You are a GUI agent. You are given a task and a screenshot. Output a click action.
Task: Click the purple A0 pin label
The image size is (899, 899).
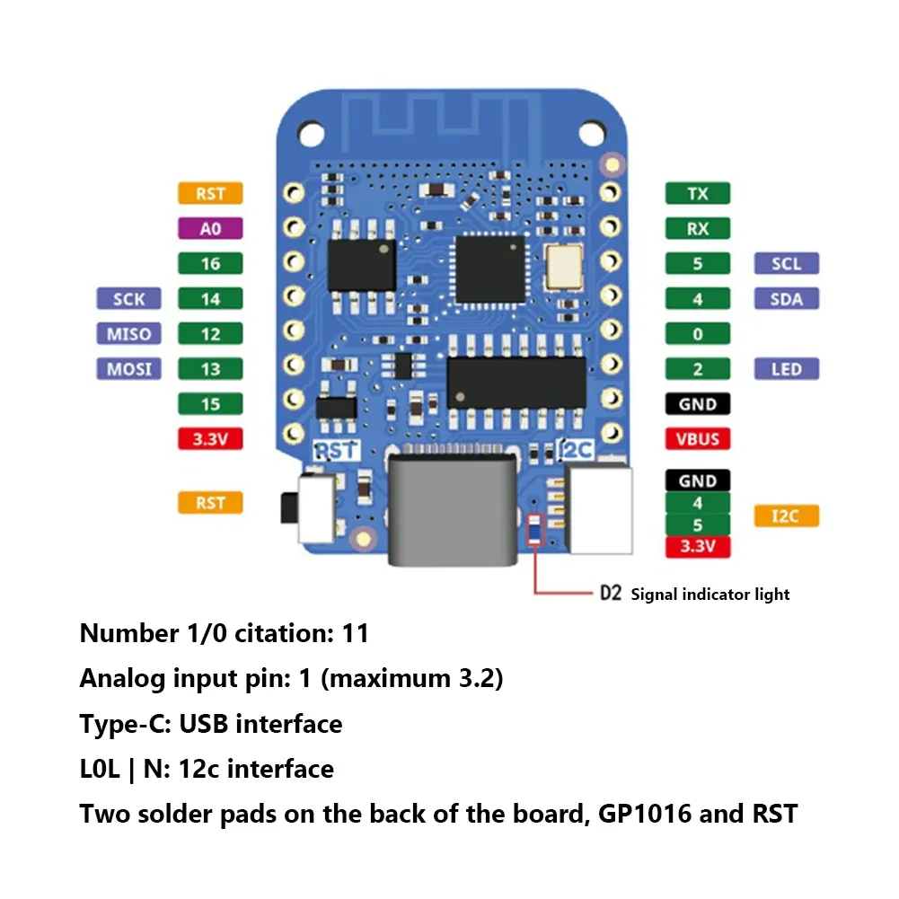tap(210, 228)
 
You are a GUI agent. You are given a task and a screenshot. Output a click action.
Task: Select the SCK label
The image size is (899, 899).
tap(128, 298)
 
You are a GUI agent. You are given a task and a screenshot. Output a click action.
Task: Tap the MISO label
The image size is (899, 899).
tap(128, 333)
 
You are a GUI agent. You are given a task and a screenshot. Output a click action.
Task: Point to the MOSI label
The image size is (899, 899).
tap(128, 368)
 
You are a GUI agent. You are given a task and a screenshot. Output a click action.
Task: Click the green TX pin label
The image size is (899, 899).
tap(698, 193)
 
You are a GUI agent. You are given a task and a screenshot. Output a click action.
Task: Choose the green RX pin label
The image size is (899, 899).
tap(698, 228)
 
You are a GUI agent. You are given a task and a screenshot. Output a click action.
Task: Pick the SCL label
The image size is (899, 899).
tap(787, 263)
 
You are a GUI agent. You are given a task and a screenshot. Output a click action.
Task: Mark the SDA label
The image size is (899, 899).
tap(787, 298)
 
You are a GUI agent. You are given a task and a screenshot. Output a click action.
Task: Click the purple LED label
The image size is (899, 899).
tap(787, 368)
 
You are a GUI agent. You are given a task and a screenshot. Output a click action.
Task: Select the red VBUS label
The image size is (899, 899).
tap(698, 439)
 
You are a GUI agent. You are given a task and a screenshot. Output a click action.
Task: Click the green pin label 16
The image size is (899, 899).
tap(210, 263)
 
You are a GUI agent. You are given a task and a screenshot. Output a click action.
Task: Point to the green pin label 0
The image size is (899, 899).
tap(698, 333)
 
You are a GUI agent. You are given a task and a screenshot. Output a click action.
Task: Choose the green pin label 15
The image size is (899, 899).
tap(210, 404)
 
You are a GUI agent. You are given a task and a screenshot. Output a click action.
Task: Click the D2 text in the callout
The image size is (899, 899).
tap(611, 594)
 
